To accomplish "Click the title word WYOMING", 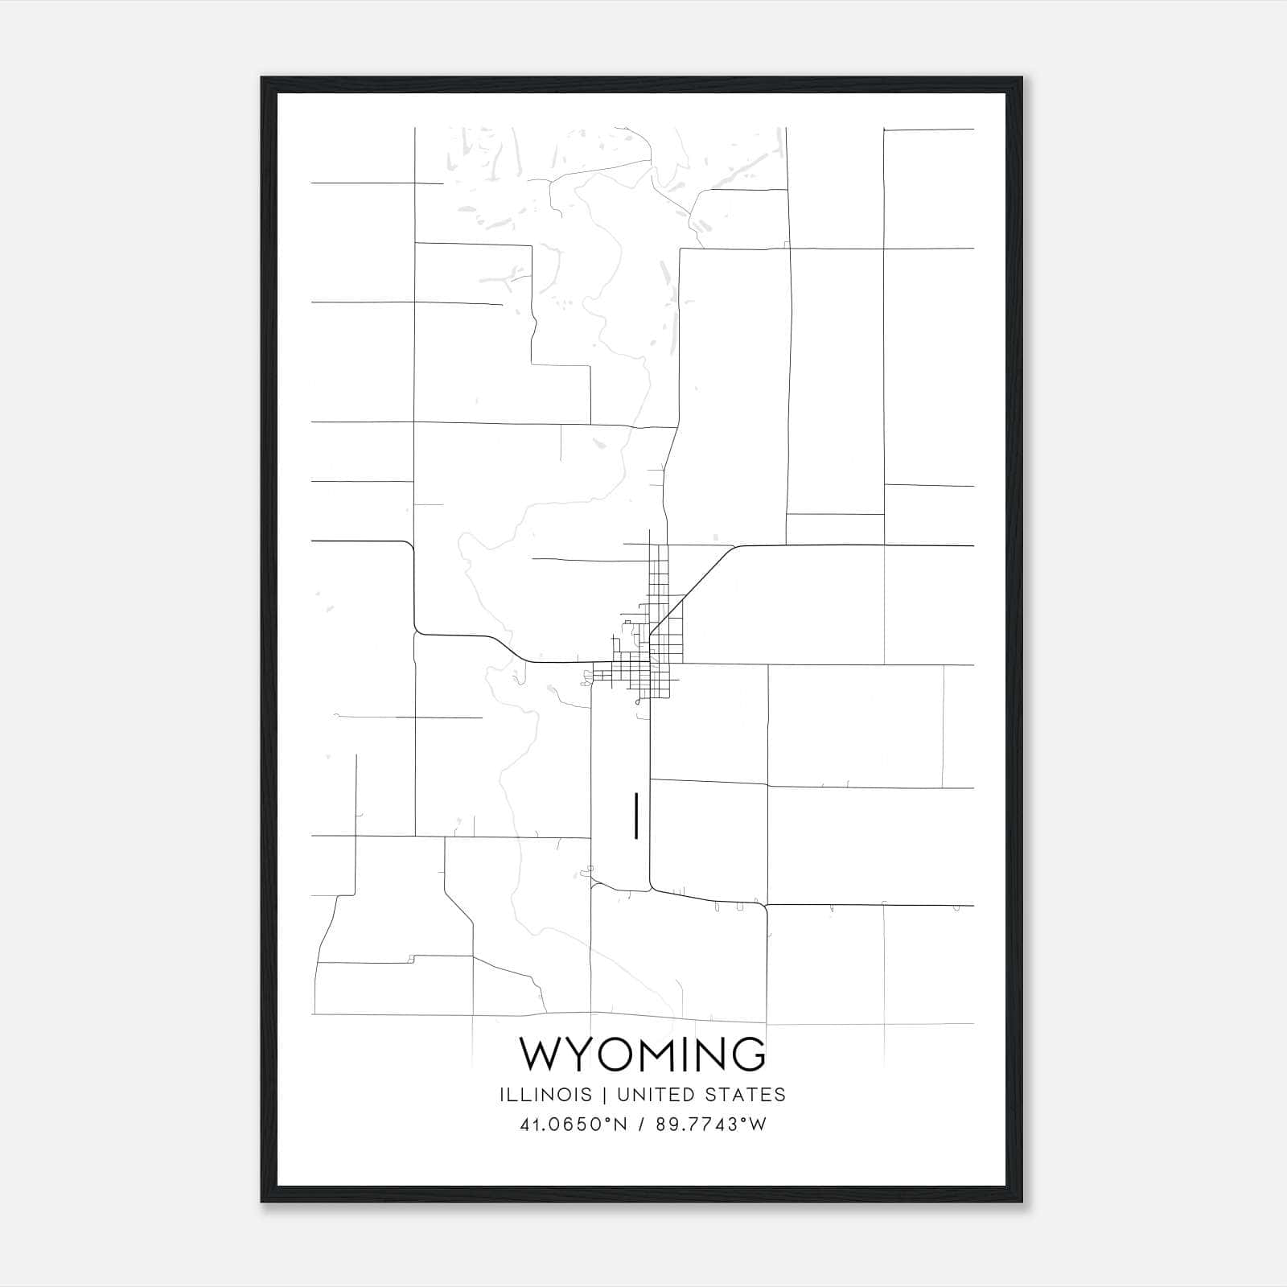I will coord(643,1055).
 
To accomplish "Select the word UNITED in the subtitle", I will coord(651,1095).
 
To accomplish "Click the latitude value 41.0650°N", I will coord(573,1125).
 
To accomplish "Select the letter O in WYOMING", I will coord(614,1055).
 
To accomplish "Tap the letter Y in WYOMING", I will coord(578,1055).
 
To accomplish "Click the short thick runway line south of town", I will coord(636,816).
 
